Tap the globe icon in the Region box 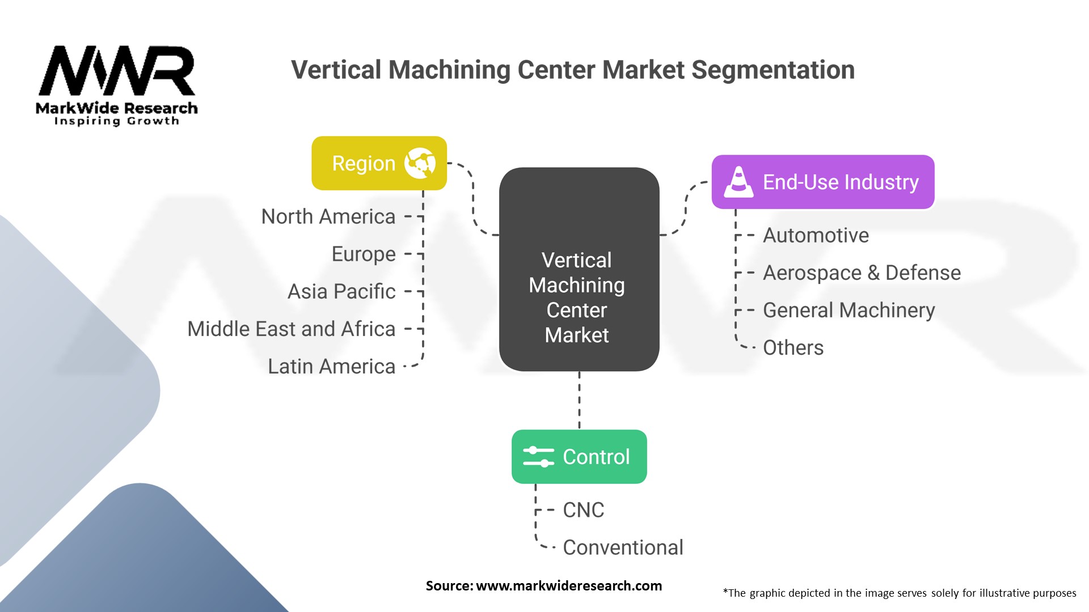(420, 163)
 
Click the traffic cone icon (738, 182)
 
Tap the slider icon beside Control (538, 457)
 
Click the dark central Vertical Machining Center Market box (579, 270)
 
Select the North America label (328, 216)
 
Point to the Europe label (363, 254)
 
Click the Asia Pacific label (341, 291)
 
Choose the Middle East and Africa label (291, 329)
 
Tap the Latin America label (331, 366)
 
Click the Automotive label (815, 235)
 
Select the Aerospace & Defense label (861, 273)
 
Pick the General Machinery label (849, 310)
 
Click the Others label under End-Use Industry (793, 347)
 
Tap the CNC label (583, 510)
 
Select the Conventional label (622, 547)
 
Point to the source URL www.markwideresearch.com (568, 586)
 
